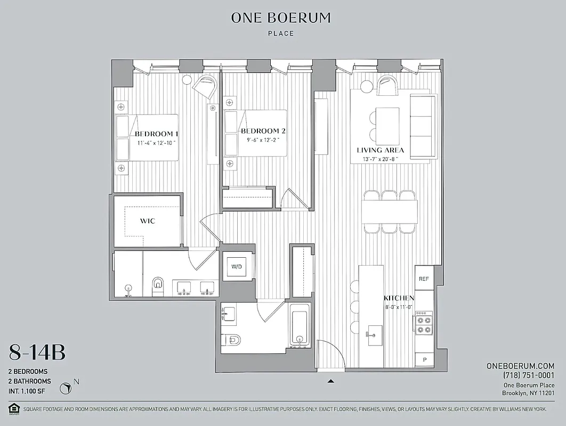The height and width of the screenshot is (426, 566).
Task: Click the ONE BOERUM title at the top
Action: (x=281, y=18)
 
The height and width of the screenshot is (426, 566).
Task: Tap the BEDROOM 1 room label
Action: (x=156, y=134)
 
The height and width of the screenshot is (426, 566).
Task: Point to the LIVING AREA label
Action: (x=380, y=150)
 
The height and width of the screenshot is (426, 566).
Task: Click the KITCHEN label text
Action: (x=399, y=298)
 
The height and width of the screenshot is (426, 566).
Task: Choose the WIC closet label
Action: (x=148, y=221)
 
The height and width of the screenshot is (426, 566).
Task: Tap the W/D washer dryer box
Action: (x=236, y=267)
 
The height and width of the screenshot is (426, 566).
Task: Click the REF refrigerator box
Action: (x=424, y=279)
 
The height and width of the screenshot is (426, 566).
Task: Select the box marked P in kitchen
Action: (x=424, y=361)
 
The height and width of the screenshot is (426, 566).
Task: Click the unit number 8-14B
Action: (x=37, y=352)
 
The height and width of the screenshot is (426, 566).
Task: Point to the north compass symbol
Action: (x=67, y=388)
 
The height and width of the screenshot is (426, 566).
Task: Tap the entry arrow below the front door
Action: (x=331, y=381)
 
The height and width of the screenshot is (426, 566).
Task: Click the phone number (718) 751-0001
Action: (x=529, y=375)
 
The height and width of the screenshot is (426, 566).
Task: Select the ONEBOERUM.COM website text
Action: (x=520, y=366)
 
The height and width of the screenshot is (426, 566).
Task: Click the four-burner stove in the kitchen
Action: (x=423, y=325)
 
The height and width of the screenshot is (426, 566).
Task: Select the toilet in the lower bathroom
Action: (x=233, y=339)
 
